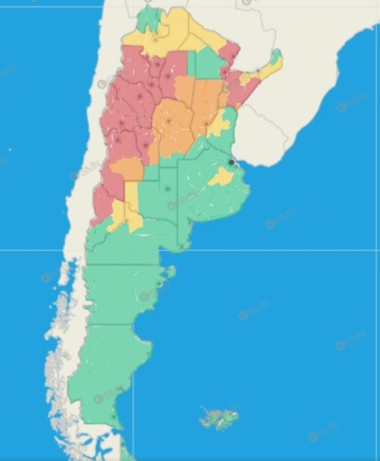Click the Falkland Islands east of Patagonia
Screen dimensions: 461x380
tap(219, 417)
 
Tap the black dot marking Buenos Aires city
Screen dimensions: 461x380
tap(231, 162)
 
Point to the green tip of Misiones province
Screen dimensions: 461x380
tap(276, 55)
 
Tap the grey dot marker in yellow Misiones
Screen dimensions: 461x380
tap(259, 70)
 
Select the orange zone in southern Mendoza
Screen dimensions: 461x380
tap(127, 169)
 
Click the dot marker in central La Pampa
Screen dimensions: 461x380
tap(167, 189)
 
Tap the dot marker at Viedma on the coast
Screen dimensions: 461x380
tap(182, 246)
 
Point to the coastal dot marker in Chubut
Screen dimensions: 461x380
tap(159, 284)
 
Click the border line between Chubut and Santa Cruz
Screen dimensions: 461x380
tap(112, 323)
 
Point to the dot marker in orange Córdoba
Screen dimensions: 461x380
tap(169, 121)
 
